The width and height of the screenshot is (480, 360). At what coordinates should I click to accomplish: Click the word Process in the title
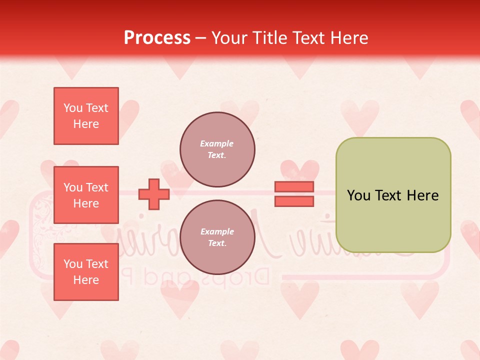[157, 38]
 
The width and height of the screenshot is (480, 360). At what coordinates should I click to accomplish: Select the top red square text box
[86, 116]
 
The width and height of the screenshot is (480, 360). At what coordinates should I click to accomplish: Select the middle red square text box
[86, 195]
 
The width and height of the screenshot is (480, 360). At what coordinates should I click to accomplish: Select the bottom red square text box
[86, 272]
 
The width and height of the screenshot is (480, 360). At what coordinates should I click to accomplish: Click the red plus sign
[154, 194]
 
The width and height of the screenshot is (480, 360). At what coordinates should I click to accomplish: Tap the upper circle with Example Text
[217, 149]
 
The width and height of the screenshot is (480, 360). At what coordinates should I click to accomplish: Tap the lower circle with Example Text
[217, 237]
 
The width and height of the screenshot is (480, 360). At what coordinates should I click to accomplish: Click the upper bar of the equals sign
[294, 187]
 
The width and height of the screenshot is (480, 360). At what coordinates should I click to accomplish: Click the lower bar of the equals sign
[294, 201]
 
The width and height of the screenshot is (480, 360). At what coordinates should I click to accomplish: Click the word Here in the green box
[422, 195]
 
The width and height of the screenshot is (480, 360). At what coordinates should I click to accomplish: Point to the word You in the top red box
[73, 108]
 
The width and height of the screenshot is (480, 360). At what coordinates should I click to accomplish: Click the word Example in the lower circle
[217, 231]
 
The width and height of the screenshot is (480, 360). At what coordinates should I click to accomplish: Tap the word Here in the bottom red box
[86, 280]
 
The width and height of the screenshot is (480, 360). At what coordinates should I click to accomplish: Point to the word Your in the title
[229, 38]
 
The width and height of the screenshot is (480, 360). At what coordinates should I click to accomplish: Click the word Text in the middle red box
[97, 187]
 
